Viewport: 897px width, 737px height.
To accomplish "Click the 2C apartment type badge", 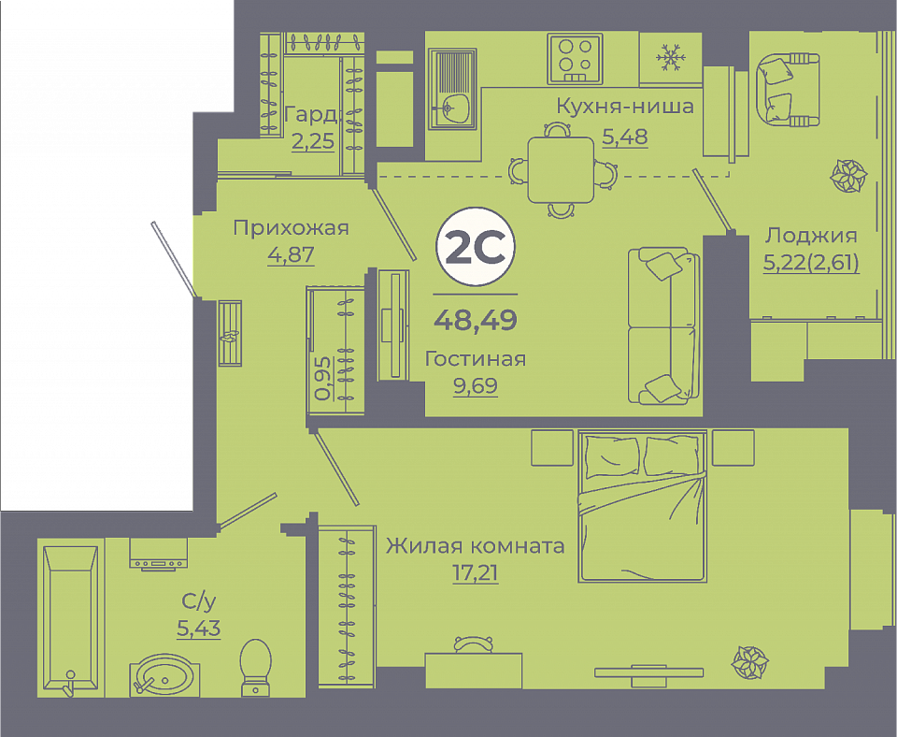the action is point(476,247).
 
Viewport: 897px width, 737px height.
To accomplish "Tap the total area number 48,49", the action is point(476,319).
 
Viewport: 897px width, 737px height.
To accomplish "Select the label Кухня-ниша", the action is point(625,106).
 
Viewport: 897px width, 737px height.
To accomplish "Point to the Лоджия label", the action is point(811,236).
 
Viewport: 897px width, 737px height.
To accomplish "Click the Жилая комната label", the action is point(476,545).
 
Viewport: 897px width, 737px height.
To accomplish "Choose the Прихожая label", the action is point(291,228).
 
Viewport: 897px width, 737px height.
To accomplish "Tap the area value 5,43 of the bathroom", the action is point(198,629).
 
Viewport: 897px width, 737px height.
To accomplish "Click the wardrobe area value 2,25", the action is point(312,141).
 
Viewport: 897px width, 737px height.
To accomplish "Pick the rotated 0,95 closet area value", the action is point(323,378).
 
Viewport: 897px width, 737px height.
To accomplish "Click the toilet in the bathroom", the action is point(255,667).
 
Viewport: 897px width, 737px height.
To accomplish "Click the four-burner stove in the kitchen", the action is point(575,59).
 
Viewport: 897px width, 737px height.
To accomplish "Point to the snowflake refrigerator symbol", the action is point(670,57).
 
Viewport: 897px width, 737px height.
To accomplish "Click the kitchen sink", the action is point(452,89).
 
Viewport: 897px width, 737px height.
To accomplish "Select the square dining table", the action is point(561,170).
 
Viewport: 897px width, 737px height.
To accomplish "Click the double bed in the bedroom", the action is point(643,506).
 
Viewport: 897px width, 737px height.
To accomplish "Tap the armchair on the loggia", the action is point(788,89).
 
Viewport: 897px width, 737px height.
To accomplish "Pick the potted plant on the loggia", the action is point(849,175).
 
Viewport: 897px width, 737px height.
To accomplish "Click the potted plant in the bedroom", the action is point(750,662).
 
